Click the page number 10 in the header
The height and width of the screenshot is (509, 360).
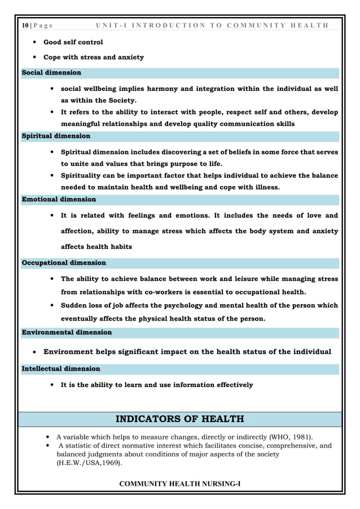click(x=24, y=25)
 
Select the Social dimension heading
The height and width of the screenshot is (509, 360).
click(x=51, y=73)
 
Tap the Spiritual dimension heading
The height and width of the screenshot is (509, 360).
click(x=55, y=136)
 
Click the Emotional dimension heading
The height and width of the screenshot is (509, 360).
click(x=58, y=199)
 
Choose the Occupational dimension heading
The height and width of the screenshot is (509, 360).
click(x=63, y=263)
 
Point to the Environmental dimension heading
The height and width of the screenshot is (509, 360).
click(x=66, y=332)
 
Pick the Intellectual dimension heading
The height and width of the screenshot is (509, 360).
click(x=60, y=368)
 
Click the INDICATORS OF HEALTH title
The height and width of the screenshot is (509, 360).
click(x=179, y=419)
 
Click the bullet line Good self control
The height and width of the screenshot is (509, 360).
click(x=73, y=42)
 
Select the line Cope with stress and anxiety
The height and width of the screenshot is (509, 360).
click(x=94, y=57)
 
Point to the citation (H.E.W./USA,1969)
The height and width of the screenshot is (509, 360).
click(x=89, y=462)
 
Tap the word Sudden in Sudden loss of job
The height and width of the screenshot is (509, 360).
click(x=74, y=305)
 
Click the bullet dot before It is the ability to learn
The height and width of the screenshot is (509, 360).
click(x=52, y=385)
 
